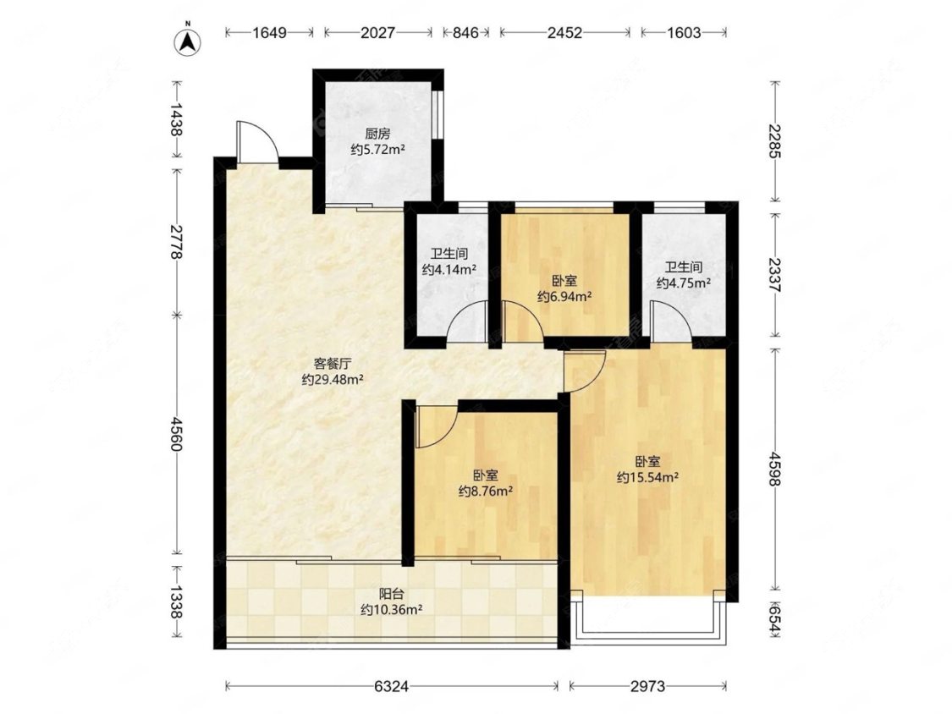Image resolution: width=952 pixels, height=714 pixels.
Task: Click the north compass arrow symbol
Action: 188,41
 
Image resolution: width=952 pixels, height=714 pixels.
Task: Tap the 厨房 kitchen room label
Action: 377,134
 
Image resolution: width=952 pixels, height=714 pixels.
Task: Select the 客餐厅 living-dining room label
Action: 333,364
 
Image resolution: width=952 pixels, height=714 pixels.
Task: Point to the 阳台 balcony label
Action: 391,595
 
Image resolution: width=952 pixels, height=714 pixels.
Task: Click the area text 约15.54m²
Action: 648,477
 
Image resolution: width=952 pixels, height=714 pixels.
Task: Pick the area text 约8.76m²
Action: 485,491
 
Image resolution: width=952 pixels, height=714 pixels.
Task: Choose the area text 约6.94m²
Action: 564,296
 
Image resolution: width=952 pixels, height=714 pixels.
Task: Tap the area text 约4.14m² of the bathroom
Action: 448,269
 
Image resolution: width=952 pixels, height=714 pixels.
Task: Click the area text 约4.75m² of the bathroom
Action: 684,283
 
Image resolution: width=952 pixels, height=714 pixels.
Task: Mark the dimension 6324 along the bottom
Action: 392,687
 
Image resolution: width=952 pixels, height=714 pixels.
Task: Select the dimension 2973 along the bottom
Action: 648,687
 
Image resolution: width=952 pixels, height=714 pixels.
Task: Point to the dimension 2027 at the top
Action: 377,32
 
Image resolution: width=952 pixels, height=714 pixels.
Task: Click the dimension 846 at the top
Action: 465,32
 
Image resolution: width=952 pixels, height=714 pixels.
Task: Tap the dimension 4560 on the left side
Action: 176,434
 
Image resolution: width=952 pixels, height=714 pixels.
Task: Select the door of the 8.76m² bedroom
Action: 432,427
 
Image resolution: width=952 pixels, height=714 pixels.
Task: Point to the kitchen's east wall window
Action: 437,116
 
